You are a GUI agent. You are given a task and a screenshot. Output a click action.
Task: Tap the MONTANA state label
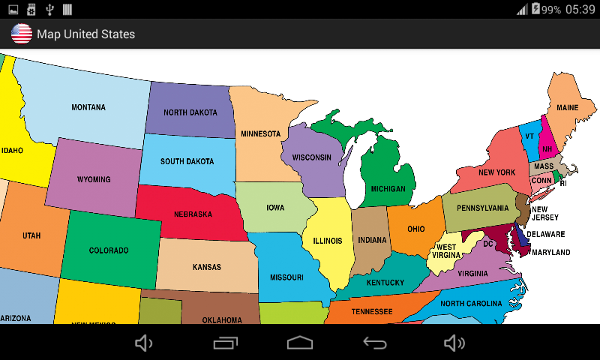(88, 107)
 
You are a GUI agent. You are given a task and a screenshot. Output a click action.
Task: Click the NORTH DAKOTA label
(190, 112)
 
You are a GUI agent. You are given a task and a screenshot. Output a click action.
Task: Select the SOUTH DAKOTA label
(187, 161)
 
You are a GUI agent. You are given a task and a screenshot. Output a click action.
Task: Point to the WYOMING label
(94, 180)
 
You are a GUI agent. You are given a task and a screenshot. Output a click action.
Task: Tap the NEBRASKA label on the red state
(193, 214)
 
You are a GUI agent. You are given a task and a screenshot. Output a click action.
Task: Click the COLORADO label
(109, 250)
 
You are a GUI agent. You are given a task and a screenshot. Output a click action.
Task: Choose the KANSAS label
(207, 267)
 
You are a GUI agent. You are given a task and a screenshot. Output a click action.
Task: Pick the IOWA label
(275, 208)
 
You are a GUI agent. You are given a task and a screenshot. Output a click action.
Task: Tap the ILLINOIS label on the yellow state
(327, 241)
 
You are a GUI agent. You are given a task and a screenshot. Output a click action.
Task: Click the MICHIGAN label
(388, 189)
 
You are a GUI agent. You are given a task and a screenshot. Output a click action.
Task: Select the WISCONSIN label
(311, 157)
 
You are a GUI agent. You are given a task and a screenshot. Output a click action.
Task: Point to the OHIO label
(416, 229)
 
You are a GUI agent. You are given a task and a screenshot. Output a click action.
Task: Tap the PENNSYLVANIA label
(482, 208)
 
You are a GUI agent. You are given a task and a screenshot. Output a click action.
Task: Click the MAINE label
(568, 108)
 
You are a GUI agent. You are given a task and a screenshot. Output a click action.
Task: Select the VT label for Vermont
(529, 136)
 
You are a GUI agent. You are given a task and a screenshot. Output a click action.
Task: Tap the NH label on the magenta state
(547, 148)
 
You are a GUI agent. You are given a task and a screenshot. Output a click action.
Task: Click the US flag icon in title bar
(22, 34)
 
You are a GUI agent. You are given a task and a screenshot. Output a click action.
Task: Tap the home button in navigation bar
(300, 343)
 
